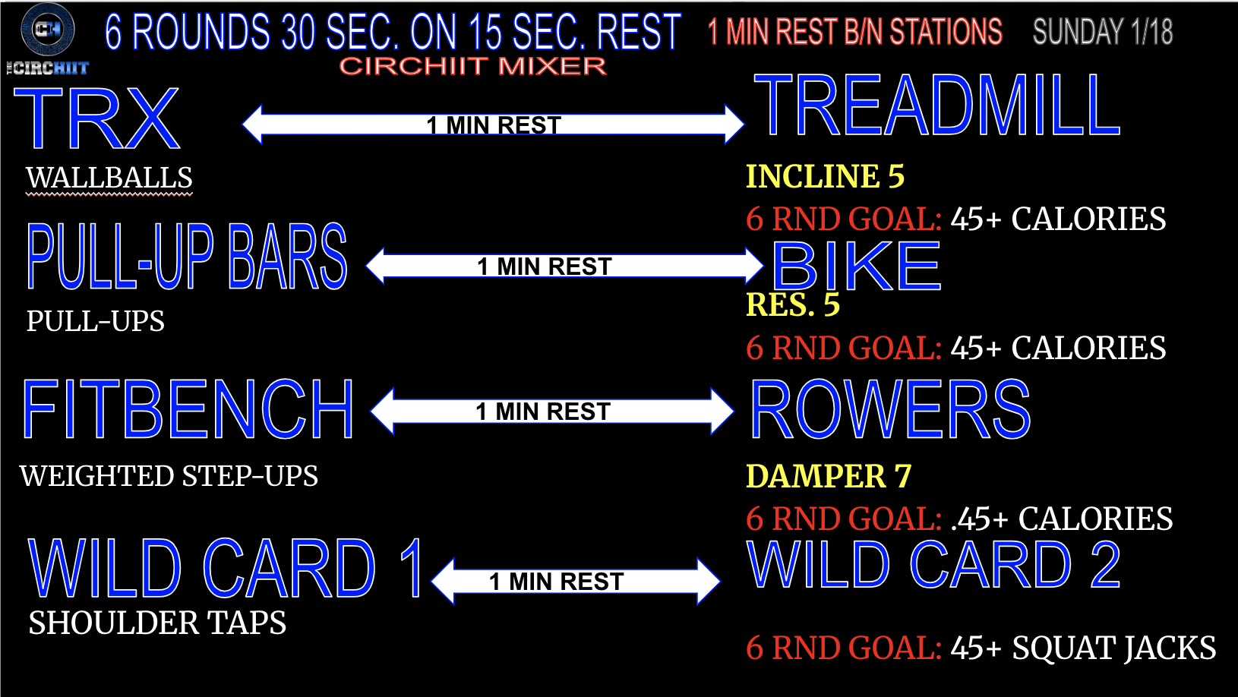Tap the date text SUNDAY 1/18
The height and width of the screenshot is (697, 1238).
(1102, 33)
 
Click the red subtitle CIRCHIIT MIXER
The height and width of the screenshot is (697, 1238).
(472, 67)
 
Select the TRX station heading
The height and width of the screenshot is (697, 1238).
(97, 119)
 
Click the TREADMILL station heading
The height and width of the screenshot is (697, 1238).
(936, 106)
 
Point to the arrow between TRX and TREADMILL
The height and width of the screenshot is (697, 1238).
(493, 125)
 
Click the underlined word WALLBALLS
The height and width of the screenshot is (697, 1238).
(109, 178)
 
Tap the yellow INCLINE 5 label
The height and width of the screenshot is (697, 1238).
(825, 177)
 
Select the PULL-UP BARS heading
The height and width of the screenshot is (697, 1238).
(187, 257)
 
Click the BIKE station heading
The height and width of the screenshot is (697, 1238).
(857, 266)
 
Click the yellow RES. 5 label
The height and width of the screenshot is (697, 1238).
(792, 305)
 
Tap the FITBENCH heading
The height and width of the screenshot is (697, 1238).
(188, 410)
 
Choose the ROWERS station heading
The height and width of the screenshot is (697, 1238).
(890, 410)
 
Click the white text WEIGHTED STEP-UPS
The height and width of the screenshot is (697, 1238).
(169, 476)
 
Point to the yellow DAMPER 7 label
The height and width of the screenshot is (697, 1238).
(828, 477)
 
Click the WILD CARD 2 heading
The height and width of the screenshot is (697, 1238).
(933, 566)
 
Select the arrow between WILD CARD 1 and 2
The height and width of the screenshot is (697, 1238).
(575, 582)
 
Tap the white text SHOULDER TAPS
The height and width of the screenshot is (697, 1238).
(157, 623)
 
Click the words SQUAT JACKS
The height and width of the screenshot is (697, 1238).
(1113, 648)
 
